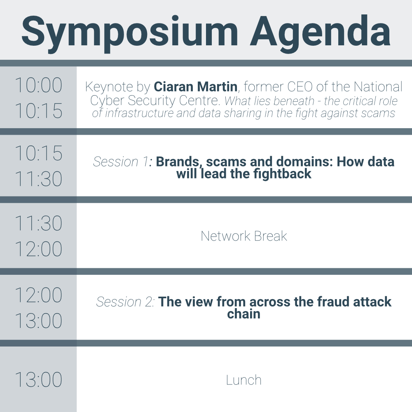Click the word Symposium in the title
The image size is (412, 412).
point(130,33)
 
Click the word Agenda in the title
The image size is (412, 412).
point(320,33)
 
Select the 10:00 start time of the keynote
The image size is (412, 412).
point(38,85)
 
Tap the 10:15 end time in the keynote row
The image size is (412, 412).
point(38,110)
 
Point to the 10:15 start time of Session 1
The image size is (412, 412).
point(38,153)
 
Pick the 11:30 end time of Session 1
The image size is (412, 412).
point(38,179)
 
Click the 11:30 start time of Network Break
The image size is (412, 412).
point(38,223)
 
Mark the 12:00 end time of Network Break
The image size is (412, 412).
point(38,249)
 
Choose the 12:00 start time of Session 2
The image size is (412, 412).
point(38,295)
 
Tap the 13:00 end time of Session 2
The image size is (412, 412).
point(38,321)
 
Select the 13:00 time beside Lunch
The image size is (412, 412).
point(38,380)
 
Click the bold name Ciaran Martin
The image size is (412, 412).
point(195,87)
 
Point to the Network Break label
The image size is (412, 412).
point(244,236)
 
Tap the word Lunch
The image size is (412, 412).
point(244,380)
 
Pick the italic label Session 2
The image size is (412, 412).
point(124,302)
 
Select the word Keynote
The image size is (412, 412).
point(109,87)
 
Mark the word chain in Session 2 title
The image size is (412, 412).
point(244,314)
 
